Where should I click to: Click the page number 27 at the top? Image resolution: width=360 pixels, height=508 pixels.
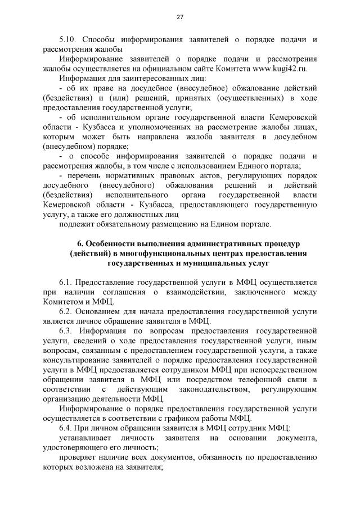180,17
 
